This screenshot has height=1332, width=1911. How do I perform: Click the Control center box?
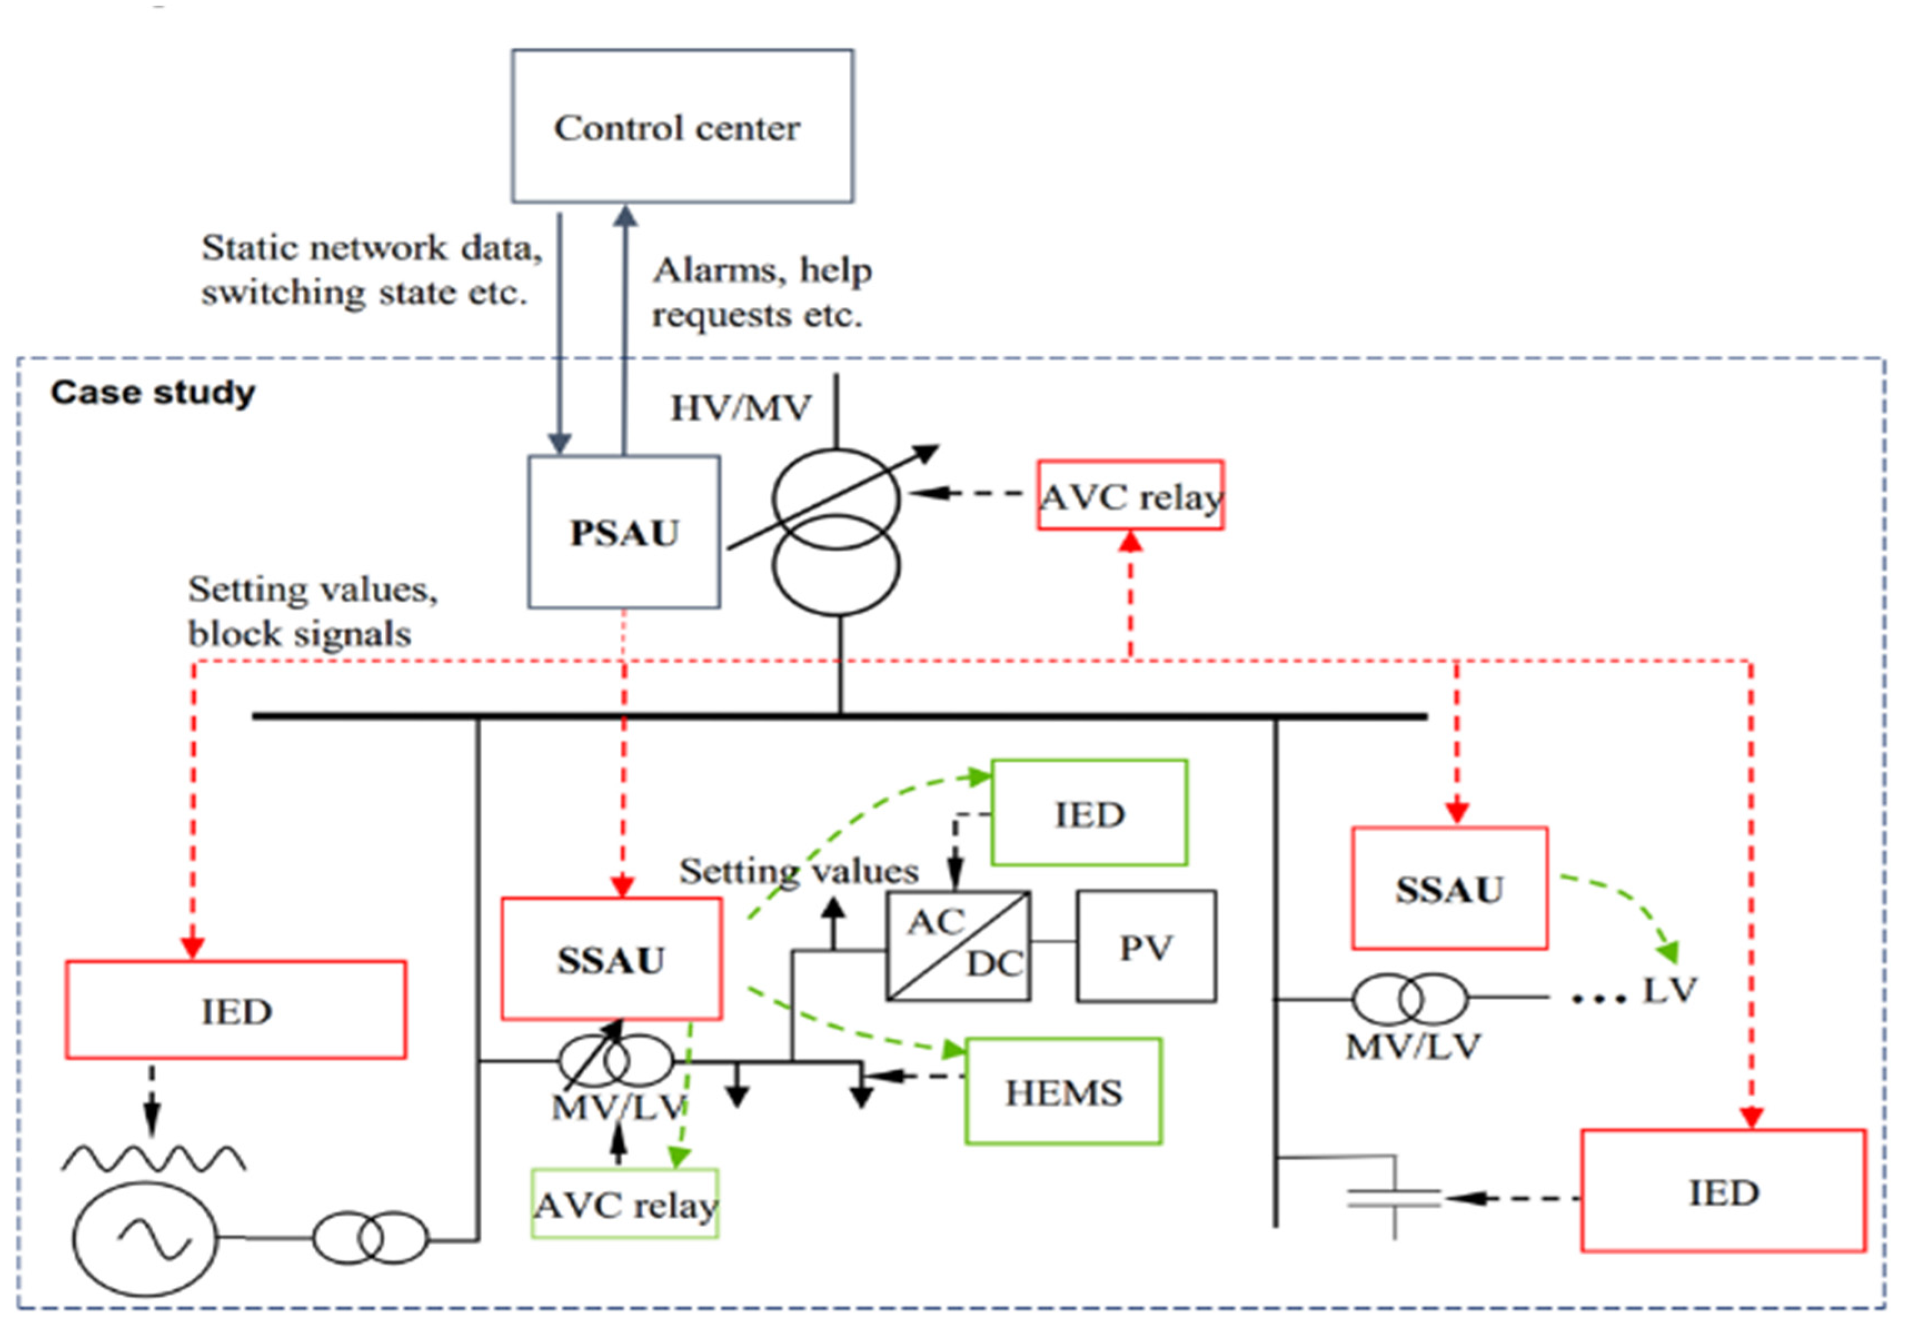click(x=681, y=126)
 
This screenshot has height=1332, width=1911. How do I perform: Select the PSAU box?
click(x=624, y=531)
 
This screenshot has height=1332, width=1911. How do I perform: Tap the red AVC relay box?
click(x=1129, y=495)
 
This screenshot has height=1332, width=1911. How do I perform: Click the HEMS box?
click(x=1063, y=1091)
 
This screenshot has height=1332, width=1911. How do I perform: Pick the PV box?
click(x=1145, y=946)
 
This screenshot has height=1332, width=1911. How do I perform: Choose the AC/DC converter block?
click(x=958, y=946)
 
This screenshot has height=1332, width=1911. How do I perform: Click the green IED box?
click(x=1089, y=813)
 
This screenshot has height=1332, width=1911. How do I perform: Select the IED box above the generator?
click(x=236, y=1010)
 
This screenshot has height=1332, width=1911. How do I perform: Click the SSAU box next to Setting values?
click(x=611, y=958)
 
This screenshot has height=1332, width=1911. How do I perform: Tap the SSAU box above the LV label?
click(x=1449, y=888)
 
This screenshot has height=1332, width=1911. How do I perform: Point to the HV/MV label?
click(x=740, y=408)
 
